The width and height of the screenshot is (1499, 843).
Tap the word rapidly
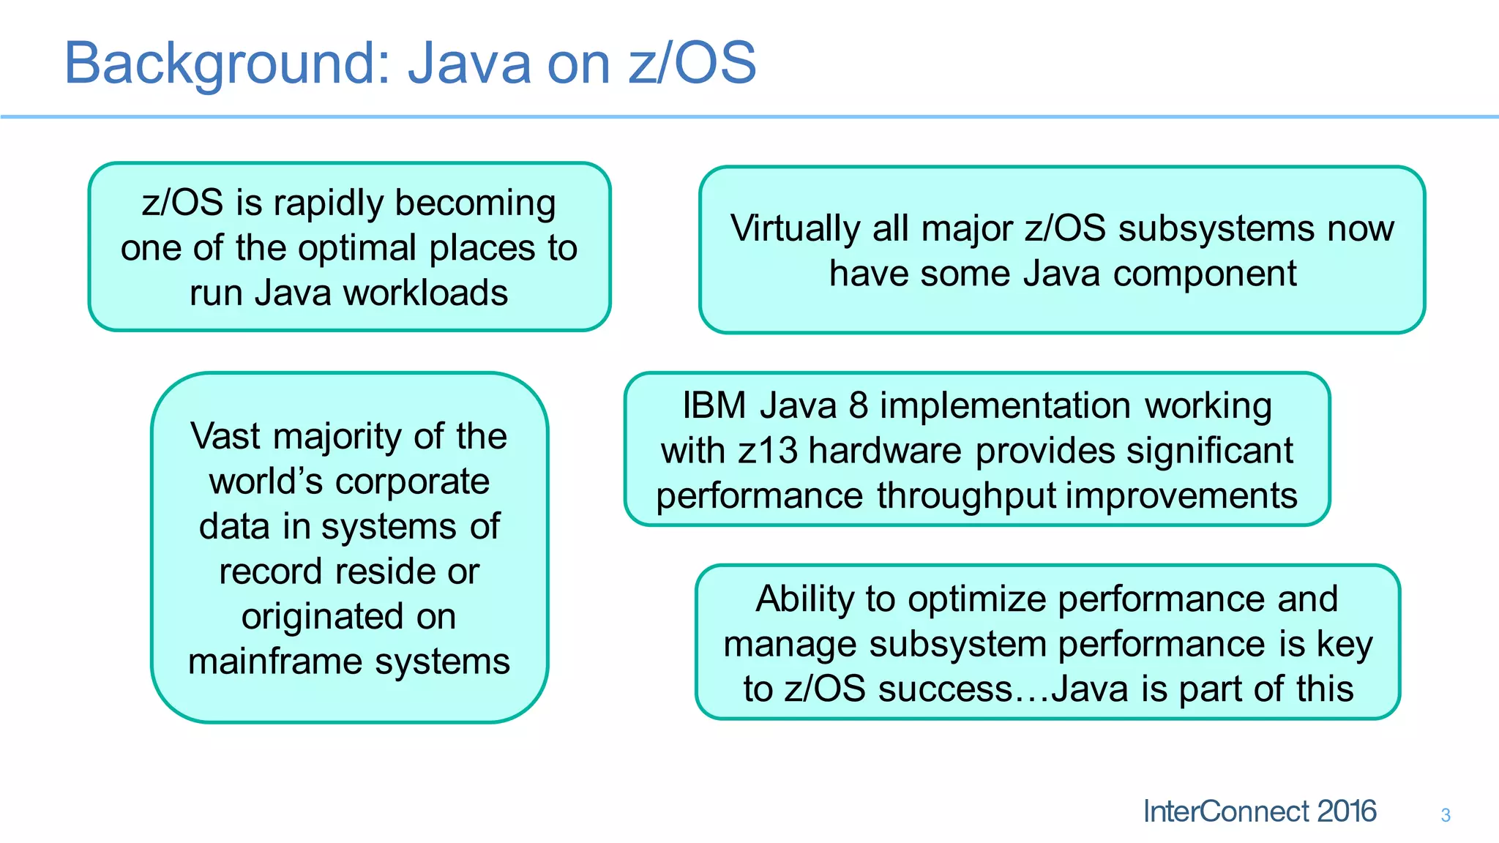pos(329,203)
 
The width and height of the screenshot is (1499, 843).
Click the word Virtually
pos(794,228)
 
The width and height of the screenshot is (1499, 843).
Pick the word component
pos(1205,274)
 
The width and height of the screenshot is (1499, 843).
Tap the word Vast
pos(225,436)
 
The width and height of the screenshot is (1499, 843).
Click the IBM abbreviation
pos(714,405)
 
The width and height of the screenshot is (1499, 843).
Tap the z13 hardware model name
pos(768,451)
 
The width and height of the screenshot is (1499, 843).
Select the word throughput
pos(966,496)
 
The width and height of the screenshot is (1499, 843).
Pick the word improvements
pos(1181,495)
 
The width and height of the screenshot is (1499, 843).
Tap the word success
pos(945,689)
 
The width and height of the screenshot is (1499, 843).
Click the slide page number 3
pos(1446,815)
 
